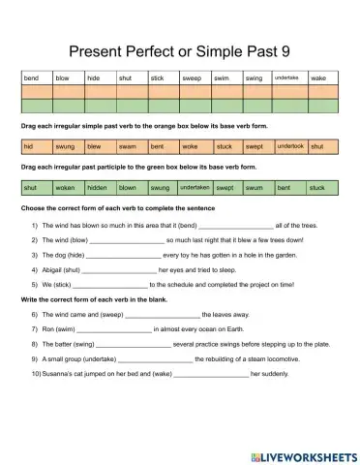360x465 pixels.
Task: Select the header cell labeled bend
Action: pos(37,77)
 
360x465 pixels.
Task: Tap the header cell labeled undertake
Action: pos(288,77)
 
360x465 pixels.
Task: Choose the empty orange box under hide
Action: pos(100,91)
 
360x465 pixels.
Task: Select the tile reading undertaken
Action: pos(195,187)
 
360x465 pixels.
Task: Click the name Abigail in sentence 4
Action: pos(54,270)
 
